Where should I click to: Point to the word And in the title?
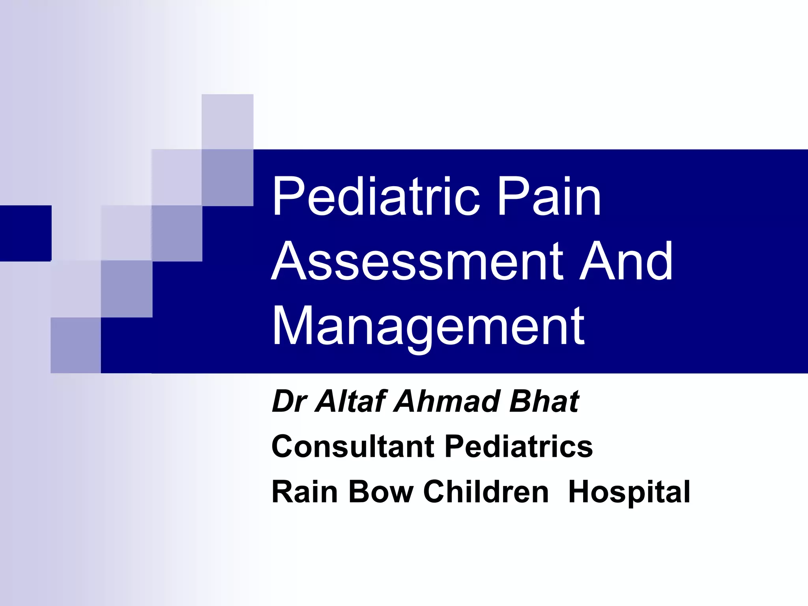tap(626, 261)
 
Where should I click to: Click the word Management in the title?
tap(428, 327)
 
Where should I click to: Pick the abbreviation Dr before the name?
tap(290, 402)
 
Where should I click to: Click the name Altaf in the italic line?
tap(349, 402)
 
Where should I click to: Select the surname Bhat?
tap(544, 402)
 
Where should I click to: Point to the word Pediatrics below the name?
tap(518, 447)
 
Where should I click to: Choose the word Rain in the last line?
tap(305, 492)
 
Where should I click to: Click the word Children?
tap(486, 492)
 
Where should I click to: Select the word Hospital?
tap(629, 492)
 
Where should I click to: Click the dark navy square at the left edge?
tap(26, 233)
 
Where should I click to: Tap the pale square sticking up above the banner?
tap(227, 122)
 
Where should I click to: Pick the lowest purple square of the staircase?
tap(76, 345)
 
